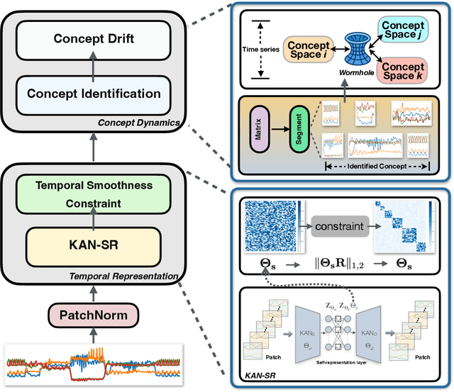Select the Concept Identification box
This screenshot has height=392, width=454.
click(x=94, y=93)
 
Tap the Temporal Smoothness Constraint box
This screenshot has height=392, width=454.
click(x=94, y=194)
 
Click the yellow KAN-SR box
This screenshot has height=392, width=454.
click(x=94, y=245)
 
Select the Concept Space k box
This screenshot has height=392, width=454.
click(x=402, y=71)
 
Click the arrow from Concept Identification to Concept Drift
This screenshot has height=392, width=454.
click(x=94, y=66)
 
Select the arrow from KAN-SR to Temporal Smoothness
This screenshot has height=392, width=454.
click(x=94, y=220)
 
